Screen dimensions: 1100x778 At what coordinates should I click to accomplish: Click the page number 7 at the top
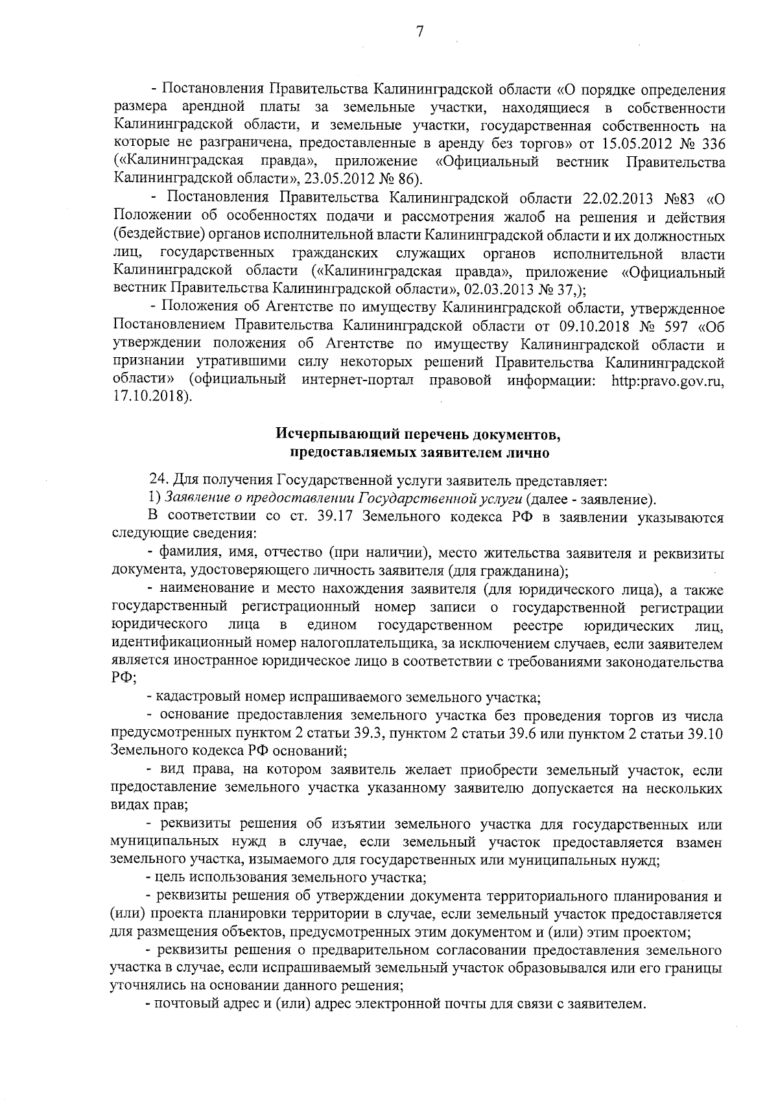point(419,31)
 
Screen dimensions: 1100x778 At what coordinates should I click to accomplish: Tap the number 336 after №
point(713,143)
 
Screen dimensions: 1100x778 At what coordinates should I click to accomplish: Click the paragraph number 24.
point(158,480)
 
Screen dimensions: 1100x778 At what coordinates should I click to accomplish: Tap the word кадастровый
point(189,697)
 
